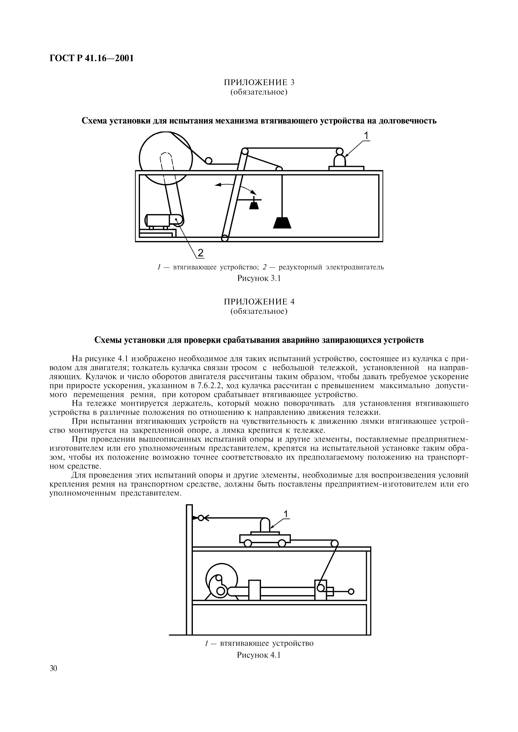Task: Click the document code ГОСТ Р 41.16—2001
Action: point(91,58)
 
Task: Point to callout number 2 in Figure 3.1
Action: point(200,252)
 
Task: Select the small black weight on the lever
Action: point(254,205)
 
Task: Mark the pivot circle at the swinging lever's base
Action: point(225,238)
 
